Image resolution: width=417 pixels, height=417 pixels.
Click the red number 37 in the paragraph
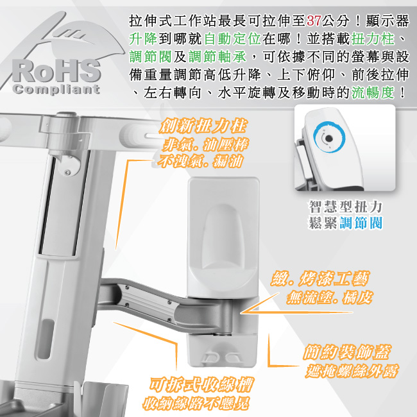coord(314,21)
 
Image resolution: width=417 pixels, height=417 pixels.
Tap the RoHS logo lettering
coord(56,71)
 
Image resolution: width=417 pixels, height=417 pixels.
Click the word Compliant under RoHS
coord(56,89)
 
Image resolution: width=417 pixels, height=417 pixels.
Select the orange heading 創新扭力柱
coord(203,126)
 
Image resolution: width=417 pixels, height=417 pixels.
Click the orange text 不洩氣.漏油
coord(200,161)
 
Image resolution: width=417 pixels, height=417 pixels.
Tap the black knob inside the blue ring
coord(329,139)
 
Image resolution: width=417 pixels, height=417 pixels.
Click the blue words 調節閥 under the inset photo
coord(361,223)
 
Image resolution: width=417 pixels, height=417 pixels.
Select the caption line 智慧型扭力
coord(345,207)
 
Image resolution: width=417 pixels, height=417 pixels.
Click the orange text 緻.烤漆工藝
coord(320,278)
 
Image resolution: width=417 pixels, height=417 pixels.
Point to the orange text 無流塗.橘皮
coord(329,297)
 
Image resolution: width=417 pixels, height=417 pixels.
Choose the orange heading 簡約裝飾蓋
coord(347,352)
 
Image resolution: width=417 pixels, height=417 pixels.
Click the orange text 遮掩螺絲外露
coord(352,371)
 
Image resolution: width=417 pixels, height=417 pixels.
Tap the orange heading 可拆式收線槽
coord(201,384)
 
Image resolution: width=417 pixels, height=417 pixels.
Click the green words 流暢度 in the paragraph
coord(373,92)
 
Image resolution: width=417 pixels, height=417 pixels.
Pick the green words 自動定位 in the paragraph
coord(233,39)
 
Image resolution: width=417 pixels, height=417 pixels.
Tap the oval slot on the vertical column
coord(46,338)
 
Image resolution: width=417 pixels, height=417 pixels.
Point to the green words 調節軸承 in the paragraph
coord(217,57)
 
